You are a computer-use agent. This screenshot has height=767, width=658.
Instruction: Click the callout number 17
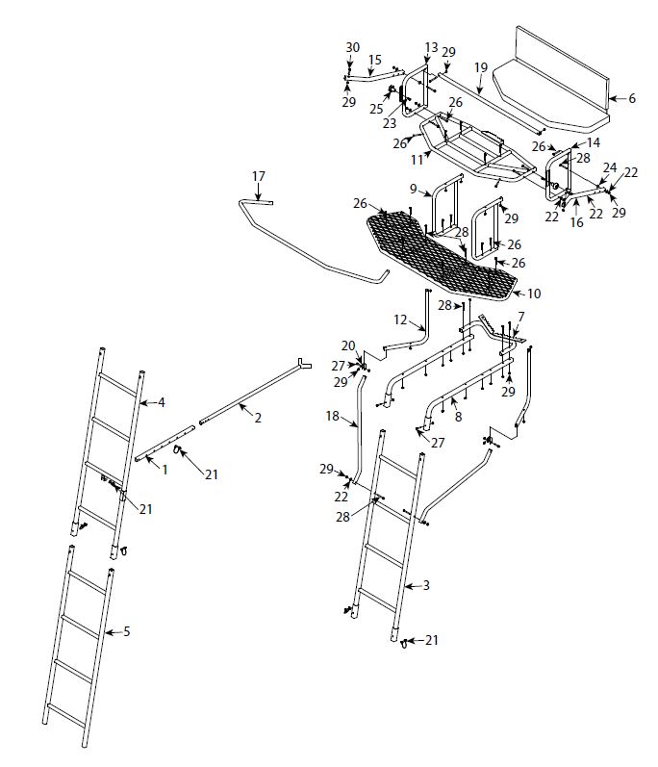tap(258, 176)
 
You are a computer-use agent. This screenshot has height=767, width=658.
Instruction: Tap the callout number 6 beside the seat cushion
tap(632, 98)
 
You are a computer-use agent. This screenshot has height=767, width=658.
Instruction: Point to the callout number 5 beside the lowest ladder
tap(127, 632)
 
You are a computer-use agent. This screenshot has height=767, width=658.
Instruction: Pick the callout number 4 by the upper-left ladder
tap(162, 402)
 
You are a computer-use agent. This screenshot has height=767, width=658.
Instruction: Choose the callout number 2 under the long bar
tap(257, 417)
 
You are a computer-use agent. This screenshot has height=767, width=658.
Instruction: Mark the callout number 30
tap(352, 48)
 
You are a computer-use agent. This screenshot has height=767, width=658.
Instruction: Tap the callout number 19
tap(480, 66)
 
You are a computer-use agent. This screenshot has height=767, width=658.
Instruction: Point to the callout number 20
tap(348, 345)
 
